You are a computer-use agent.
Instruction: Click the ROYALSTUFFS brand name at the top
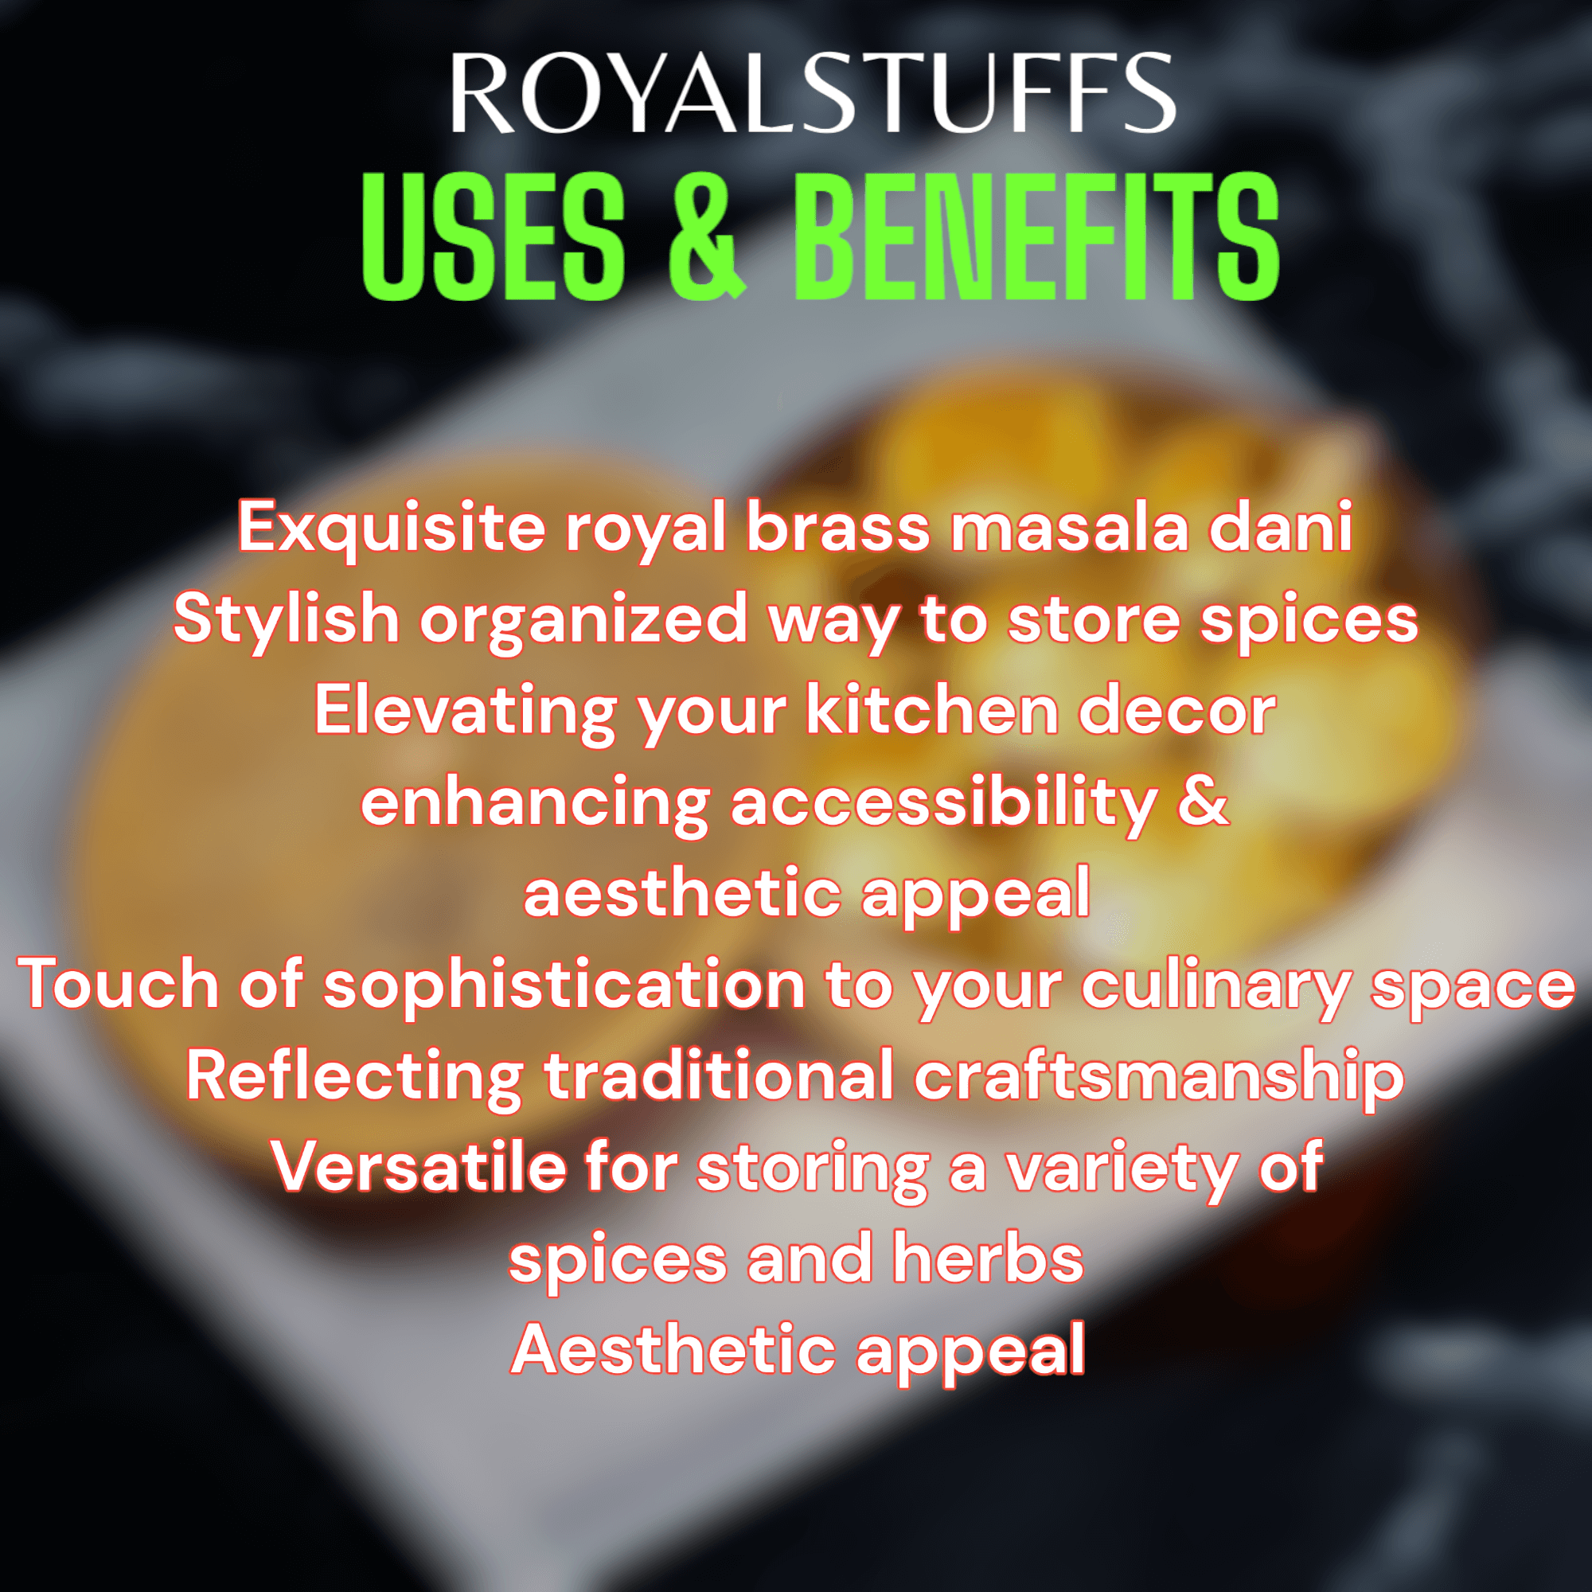(x=812, y=93)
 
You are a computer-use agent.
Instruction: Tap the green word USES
(x=493, y=237)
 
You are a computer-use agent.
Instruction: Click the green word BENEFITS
(x=1036, y=237)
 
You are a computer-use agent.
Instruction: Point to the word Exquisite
(x=392, y=529)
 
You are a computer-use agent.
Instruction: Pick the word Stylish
(x=286, y=619)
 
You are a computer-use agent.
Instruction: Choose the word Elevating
(x=465, y=712)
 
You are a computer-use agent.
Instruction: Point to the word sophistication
(x=564, y=985)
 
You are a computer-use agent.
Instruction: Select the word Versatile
(x=419, y=1167)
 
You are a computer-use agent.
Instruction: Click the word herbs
(x=988, y=1258)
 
